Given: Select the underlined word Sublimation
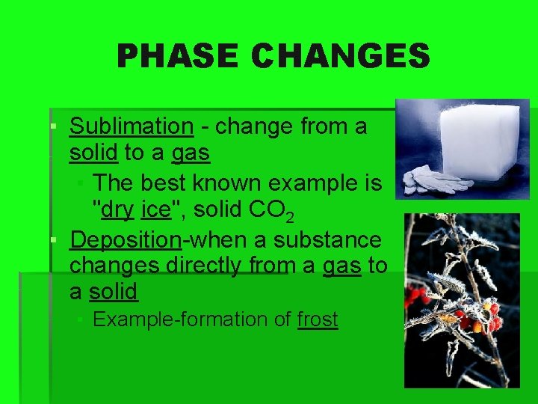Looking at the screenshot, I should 131,126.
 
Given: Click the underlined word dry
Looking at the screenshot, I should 117,210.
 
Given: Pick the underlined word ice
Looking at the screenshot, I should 155,210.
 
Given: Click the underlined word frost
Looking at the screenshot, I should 318,319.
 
